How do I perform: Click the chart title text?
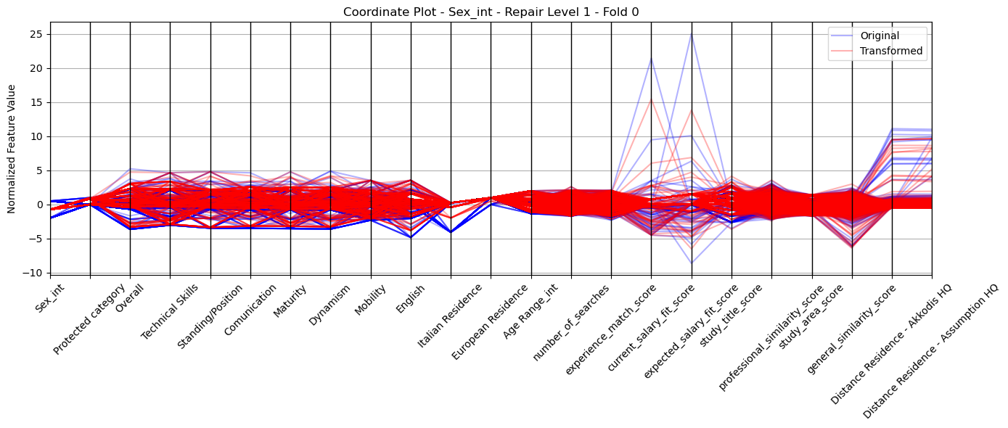(491, 12)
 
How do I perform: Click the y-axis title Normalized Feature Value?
(12, 149)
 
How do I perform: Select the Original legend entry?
(880, 36)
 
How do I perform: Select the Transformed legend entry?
(891, 51)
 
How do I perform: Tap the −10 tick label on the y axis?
(34, 273)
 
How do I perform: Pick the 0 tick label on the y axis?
(40, 205)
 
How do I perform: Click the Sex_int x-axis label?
(49, 298)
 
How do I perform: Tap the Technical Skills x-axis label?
(169, 312)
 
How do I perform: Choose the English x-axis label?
(410, 300)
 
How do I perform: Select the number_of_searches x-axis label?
(571, 323)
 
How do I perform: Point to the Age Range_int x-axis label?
(530, 311)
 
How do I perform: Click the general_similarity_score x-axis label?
(851, 330)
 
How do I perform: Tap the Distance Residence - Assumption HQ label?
(930, 351)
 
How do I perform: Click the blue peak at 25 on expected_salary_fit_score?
(692, 34)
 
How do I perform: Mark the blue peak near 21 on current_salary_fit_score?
(651, 59)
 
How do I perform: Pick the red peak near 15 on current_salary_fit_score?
(651, 99)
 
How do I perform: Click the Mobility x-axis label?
(370, 300)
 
